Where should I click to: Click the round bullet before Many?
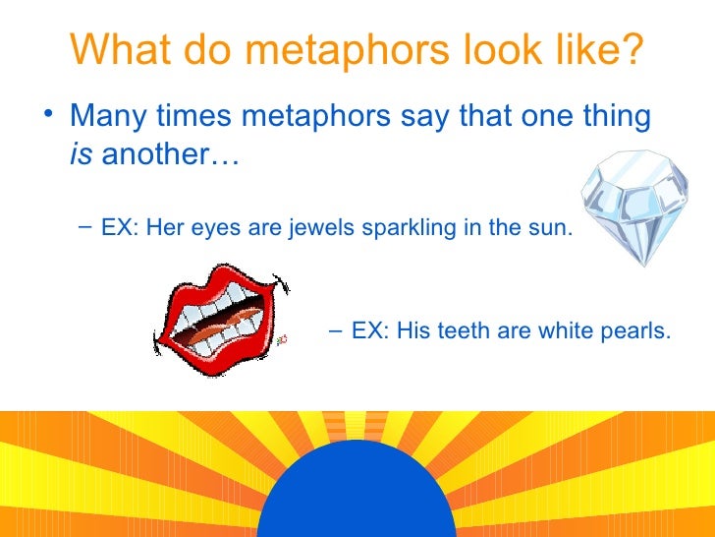[x=50, y=115]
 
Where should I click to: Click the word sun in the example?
[x=548, y=229]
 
